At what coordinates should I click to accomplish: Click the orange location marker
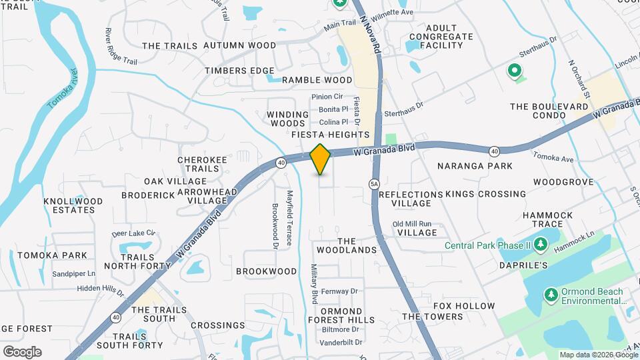[x=321, y=159]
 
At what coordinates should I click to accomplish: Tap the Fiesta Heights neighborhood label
[x=331, y=135]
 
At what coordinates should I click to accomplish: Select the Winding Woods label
[x=288, y=119]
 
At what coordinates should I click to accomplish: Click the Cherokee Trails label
[x=198, y=164]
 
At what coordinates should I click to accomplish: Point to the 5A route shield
[x=374, y=183]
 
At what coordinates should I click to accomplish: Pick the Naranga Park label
[x=475, y=165]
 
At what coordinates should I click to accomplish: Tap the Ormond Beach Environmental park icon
[x=551, y=294]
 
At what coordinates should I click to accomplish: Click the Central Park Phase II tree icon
[x=541, y=245]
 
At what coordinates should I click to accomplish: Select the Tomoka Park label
[x=53, y=255]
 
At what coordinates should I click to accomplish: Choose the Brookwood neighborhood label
[x=267, y=271]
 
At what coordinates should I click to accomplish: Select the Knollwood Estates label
[x=73, y=205]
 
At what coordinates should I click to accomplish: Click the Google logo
[x=22, y=351]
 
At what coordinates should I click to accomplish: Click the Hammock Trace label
[x=548, y=220]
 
